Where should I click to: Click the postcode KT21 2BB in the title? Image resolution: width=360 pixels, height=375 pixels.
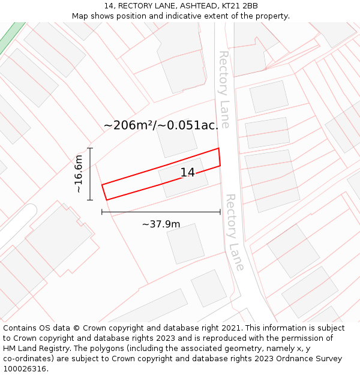(x=239, y=6)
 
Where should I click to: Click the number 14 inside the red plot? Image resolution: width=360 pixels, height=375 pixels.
(x=187, y=173)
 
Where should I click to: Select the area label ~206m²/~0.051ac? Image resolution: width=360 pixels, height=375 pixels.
(x=161, y=125)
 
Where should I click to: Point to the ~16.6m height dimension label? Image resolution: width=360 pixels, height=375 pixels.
(x=79, y=174)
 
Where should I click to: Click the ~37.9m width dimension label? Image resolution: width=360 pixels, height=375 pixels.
(x=161, y=224)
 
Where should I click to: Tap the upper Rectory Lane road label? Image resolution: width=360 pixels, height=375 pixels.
(x=223, y=89)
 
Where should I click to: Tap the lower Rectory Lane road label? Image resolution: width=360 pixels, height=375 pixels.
(x=235, y=232)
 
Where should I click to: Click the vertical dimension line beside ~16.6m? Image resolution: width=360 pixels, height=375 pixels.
(x=90, y=174)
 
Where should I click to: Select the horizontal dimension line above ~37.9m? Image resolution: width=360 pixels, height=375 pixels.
(x=161, y=212)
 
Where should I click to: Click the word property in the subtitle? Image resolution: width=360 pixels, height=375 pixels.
(x=272, y=16)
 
